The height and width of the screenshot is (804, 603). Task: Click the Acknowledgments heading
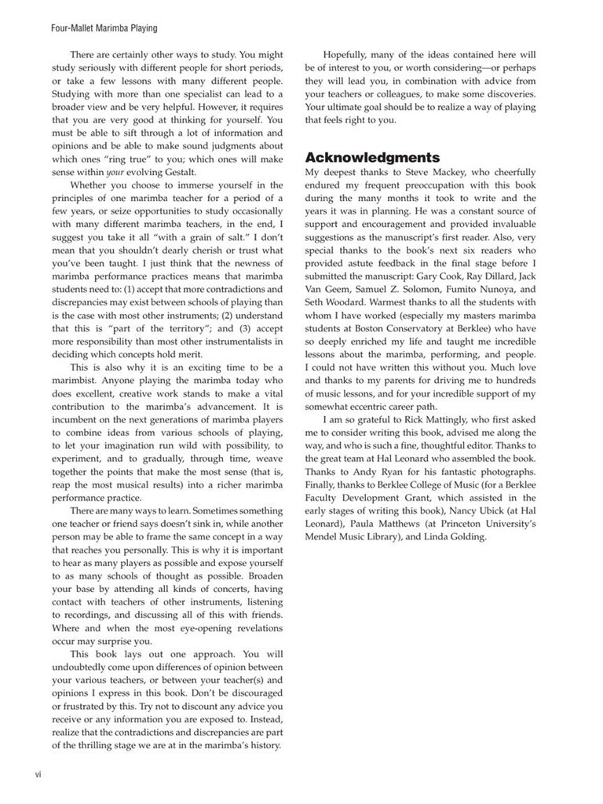click(x=372, y=158)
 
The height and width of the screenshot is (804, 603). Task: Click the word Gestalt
click(x=167, y=172)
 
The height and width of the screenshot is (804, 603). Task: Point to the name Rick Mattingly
click(x=445, y=419)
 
